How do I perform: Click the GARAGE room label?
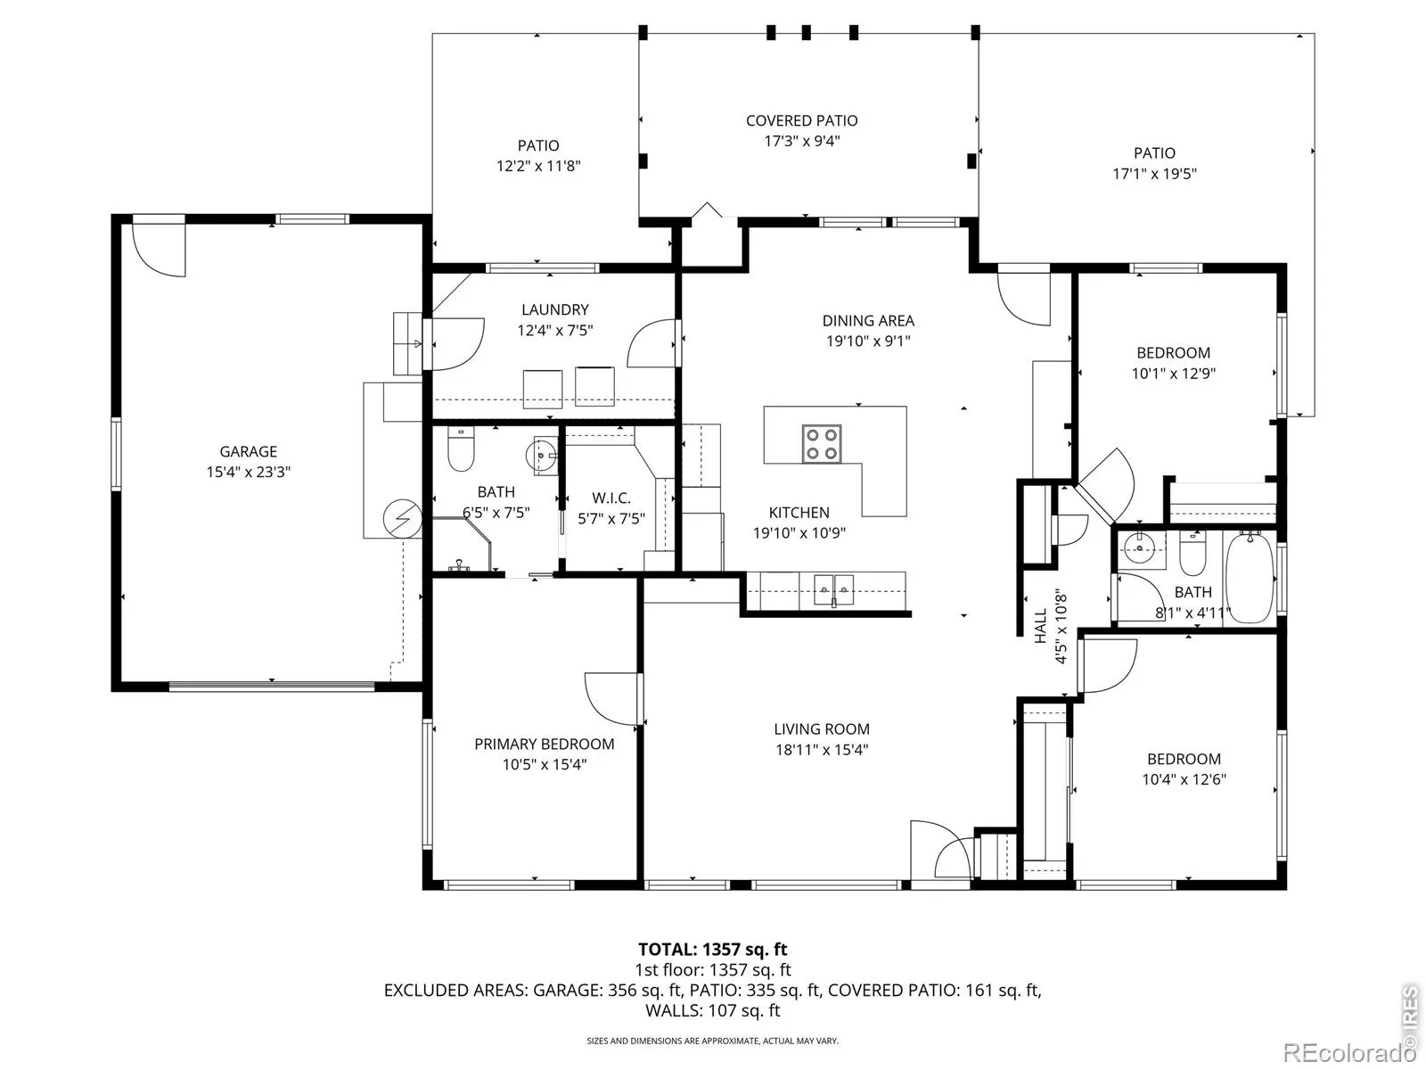[x=248, y=451]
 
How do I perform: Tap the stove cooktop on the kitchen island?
[x=821, y=444]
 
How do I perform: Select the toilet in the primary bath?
[x=461, y=449]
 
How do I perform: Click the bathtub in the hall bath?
[x=1250, y=578]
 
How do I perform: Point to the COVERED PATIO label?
[x=801, y=120]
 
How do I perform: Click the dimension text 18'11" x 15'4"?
[x=822, y=750]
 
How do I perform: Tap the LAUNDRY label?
[x=555, y=309]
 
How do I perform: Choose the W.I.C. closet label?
[x=611, y=498]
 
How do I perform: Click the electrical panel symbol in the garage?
[x=402, y=519]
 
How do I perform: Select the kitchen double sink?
[x=834, y=590]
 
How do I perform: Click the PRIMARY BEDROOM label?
[x=545, y=744]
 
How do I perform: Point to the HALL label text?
[x=1041, y=626]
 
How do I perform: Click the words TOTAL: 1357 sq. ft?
[x=713, y=949]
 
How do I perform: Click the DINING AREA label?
[x=868, y=320]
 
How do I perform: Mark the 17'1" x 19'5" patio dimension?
[x=1154, y=174]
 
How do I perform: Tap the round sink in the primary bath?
[x=540, y=453]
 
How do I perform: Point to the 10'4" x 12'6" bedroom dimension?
[x=1184, y=779]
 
